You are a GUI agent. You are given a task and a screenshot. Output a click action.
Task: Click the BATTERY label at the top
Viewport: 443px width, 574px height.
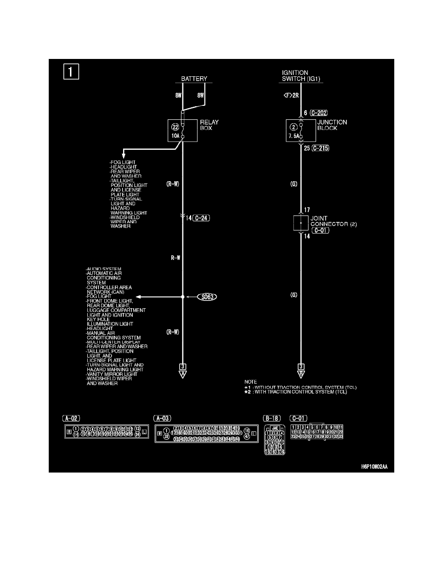[194, 79]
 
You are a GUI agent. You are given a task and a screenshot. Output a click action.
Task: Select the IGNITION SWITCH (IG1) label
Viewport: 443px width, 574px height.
[302, 76]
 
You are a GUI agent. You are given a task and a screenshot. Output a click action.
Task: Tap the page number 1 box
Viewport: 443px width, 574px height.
[70, 72]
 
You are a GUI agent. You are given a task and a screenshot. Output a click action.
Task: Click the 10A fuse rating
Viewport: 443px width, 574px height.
[175, 136]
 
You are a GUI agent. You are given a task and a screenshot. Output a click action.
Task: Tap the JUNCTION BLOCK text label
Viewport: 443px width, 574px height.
[332, 126]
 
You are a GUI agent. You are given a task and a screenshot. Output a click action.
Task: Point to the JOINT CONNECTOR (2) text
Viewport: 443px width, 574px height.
[333, 221]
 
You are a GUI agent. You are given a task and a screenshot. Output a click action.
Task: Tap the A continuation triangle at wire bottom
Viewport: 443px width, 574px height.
[183, 374]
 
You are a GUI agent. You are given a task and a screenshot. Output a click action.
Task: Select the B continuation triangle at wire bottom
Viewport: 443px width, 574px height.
[301, 374]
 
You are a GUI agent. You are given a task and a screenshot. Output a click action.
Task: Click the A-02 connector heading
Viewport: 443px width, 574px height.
[71, 417]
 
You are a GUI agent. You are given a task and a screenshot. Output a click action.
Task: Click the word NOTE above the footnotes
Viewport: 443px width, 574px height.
[251, 382]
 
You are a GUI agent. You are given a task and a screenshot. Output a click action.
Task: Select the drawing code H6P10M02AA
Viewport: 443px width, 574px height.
[374, 467]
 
